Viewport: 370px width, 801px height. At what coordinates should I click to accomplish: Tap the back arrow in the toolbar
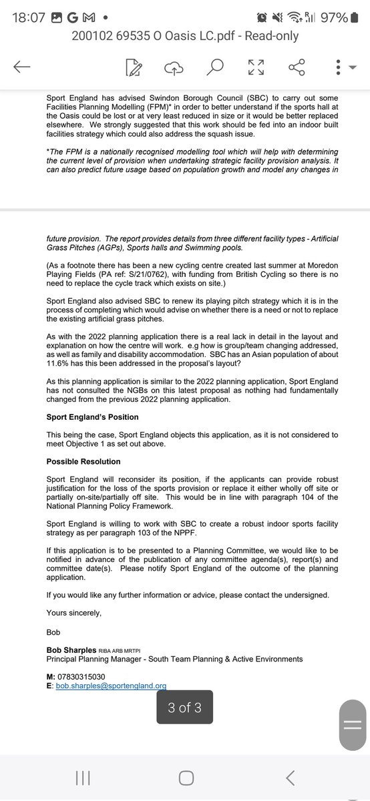pyautogui.click(x=21, y=66)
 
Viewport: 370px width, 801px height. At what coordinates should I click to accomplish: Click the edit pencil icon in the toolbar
pyautogui.click(x=132, y=67)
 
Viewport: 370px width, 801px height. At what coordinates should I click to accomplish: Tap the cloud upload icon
pyautogui.click(x=173, y=67)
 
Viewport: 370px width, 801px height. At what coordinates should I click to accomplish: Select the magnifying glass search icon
pyautogui.click(x=214, y=66)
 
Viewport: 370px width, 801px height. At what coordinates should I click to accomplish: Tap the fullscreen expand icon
pyautogui.click(x=255, y=67)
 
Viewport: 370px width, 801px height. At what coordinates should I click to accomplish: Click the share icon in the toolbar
pyautogui.click(x=297, y=67)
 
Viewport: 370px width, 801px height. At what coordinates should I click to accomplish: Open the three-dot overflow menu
pyautogui.click(x=338, y=67)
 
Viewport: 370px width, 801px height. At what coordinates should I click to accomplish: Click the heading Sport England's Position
pyautogui.click(x=92, y=417)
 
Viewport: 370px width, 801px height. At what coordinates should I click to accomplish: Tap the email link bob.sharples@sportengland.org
pyautogui.click(x=111, y=685)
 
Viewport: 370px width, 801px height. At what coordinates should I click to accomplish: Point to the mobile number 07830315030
pyautogui.click(x=87, y=676)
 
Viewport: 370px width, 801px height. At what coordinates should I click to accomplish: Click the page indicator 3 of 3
pyautogui.click(x=184, y=708)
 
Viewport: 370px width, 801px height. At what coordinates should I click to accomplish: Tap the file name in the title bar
pyautogui.click(x=185, y=37)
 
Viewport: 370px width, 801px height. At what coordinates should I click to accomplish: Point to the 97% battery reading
pyautogui.click(x=335, y=18)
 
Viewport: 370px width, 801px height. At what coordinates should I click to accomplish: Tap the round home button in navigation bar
pyautogui.click(x=186, y=778)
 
